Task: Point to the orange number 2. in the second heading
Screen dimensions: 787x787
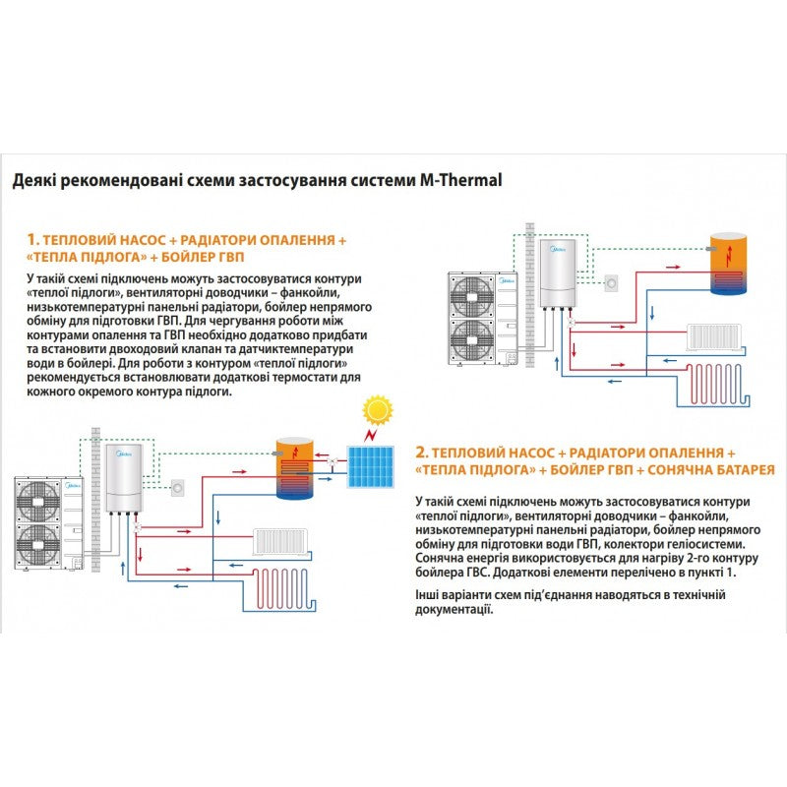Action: click(x=422, y=452)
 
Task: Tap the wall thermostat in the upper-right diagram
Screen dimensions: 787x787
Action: click(x=612, y=281)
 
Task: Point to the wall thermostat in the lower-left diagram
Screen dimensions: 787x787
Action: click(x=177, y=485)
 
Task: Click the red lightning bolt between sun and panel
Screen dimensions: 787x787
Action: click(x=371, y=434)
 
